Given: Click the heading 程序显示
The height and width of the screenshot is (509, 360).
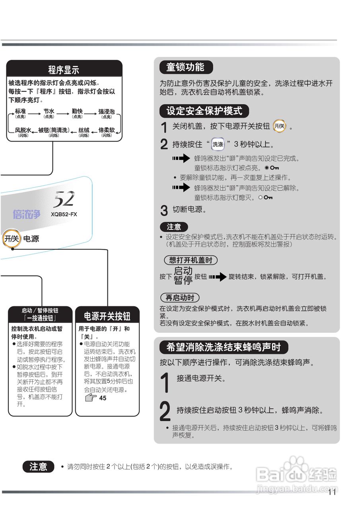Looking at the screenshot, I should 64,70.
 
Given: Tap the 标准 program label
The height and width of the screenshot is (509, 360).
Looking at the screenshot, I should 20,112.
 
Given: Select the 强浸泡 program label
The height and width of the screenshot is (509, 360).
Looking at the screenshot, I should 106,112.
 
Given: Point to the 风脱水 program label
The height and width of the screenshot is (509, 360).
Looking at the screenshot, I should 23,130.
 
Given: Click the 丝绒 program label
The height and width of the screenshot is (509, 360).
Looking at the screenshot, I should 84,130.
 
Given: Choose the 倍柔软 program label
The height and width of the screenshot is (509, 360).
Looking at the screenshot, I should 106,130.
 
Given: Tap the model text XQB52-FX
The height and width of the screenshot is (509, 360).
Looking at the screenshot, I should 64,214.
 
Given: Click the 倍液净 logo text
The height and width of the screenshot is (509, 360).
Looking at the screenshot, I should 26,214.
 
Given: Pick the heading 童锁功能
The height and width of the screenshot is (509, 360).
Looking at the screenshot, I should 185,67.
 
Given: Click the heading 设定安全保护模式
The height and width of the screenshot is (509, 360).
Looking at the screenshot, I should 204,111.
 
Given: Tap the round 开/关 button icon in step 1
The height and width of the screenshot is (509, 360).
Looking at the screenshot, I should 280,126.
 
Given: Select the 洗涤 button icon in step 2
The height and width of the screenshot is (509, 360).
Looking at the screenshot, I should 218,144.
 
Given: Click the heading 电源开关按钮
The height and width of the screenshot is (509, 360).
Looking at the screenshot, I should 107,316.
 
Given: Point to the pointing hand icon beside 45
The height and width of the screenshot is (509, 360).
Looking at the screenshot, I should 91,397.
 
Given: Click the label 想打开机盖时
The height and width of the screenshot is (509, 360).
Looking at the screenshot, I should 191,260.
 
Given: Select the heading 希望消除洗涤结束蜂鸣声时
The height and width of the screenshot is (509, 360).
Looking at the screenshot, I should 223,347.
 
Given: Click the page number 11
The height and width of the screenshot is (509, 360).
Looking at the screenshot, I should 332,492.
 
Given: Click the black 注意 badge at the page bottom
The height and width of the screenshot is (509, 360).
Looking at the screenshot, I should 38,466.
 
